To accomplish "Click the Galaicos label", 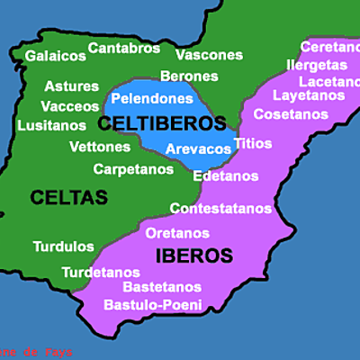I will point(55,56).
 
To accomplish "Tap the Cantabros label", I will point(124,47).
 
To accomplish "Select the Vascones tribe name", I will point(209,55).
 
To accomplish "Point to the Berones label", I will point(189,76).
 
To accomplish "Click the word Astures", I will point(71,87).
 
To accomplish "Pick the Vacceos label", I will point(70,106).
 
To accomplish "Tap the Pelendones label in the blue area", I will point(152,98).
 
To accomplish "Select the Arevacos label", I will point(198,148).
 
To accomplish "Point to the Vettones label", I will point(99,147).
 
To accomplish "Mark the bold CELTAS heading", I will point(68,196).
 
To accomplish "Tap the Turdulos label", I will point(63,246).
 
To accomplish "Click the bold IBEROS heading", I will point(194,255).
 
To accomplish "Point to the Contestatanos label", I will point(220,209).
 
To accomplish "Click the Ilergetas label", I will point(317,65).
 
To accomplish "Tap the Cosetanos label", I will point(291,114).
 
